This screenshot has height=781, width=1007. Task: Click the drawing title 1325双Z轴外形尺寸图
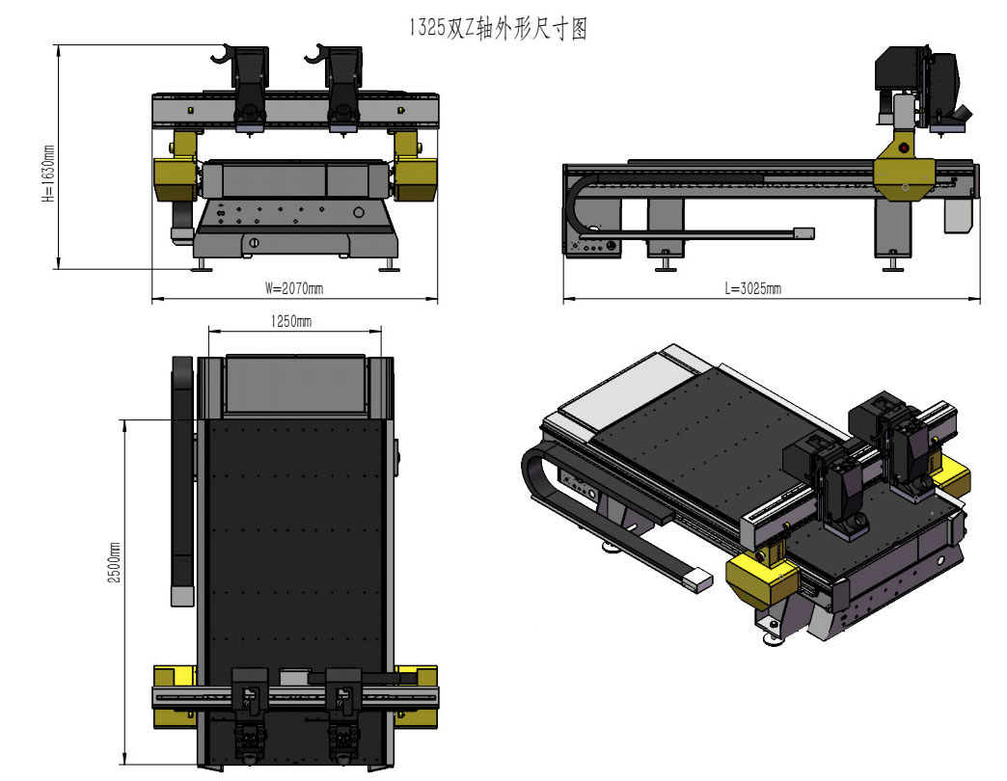498,30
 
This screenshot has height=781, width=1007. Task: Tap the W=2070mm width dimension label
294,287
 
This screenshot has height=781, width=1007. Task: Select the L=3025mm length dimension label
753,288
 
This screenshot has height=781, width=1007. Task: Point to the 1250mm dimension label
290,320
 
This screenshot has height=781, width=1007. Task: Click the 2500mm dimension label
115,565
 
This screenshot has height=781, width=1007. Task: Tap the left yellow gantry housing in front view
175,179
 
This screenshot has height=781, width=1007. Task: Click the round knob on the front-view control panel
359,212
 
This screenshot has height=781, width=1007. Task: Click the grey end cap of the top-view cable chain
181,596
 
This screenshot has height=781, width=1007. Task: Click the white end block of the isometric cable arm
696,579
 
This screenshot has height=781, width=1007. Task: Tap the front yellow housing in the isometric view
762,579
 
